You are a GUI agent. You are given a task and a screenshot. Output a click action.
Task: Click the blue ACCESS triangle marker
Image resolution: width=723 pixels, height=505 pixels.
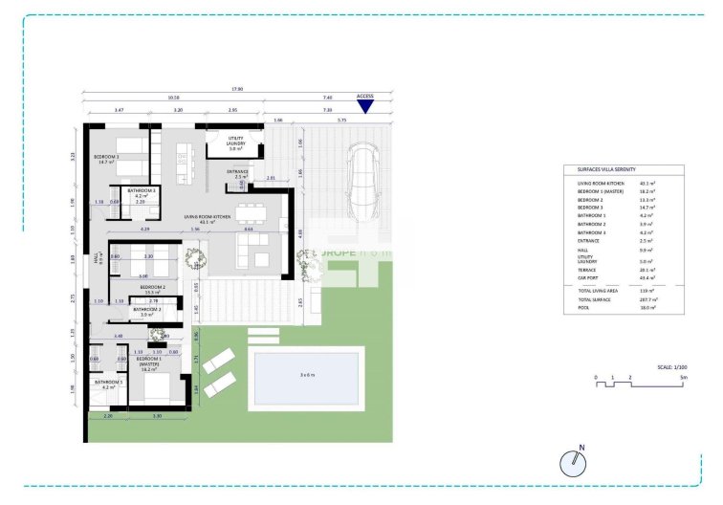click(x=364, y=106)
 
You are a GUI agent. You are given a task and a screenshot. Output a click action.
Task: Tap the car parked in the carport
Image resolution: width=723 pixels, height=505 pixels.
click(x=363, y=183)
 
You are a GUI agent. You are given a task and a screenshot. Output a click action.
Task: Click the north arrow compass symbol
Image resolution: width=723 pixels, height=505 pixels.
click(x=572, y=462)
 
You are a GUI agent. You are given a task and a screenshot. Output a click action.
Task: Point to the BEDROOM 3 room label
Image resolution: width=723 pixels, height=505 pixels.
click(x=105, y=159)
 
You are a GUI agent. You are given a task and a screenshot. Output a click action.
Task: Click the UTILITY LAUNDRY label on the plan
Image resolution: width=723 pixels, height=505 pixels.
click(x=235, y=143)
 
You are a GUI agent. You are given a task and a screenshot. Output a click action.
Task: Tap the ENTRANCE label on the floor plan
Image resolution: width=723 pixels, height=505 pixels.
click(x=237, y=173)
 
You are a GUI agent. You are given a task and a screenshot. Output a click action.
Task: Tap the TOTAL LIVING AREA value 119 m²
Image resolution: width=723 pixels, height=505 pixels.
click(x=646, y=290)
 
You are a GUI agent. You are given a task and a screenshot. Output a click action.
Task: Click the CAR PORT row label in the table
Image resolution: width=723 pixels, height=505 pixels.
click(x=589, y=277)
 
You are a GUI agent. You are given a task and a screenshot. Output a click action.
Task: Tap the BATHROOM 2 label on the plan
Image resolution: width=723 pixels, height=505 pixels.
click(x=146, y=310)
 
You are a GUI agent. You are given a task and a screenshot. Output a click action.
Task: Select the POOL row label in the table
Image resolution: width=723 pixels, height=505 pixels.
click(x=583, y=308)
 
